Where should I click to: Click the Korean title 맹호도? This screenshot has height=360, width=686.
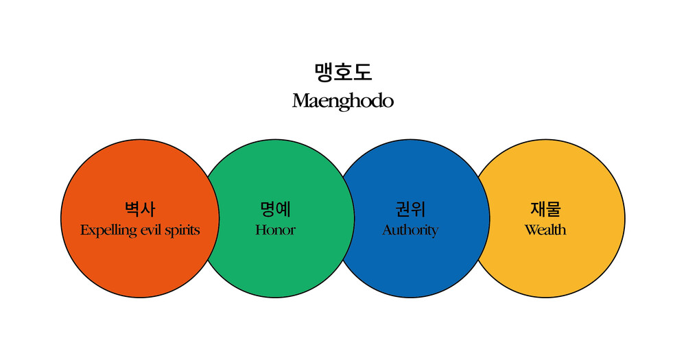(343, 72)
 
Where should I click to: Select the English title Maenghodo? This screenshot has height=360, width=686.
(343, 101)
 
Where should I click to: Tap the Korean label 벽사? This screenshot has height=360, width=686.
(140, 209)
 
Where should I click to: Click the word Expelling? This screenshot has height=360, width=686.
(108, 230)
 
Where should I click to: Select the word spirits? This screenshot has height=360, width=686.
(184, 230)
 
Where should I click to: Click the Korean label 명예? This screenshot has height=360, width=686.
(275, 209)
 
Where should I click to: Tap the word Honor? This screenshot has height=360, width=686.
(275, 230)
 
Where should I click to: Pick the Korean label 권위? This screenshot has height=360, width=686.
(410, 209)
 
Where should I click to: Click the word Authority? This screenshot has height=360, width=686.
(410, 230)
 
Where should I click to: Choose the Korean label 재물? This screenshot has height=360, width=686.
(545, 209)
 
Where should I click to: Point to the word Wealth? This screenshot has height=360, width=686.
(545, 230)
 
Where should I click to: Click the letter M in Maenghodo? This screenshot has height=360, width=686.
(301, 101)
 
